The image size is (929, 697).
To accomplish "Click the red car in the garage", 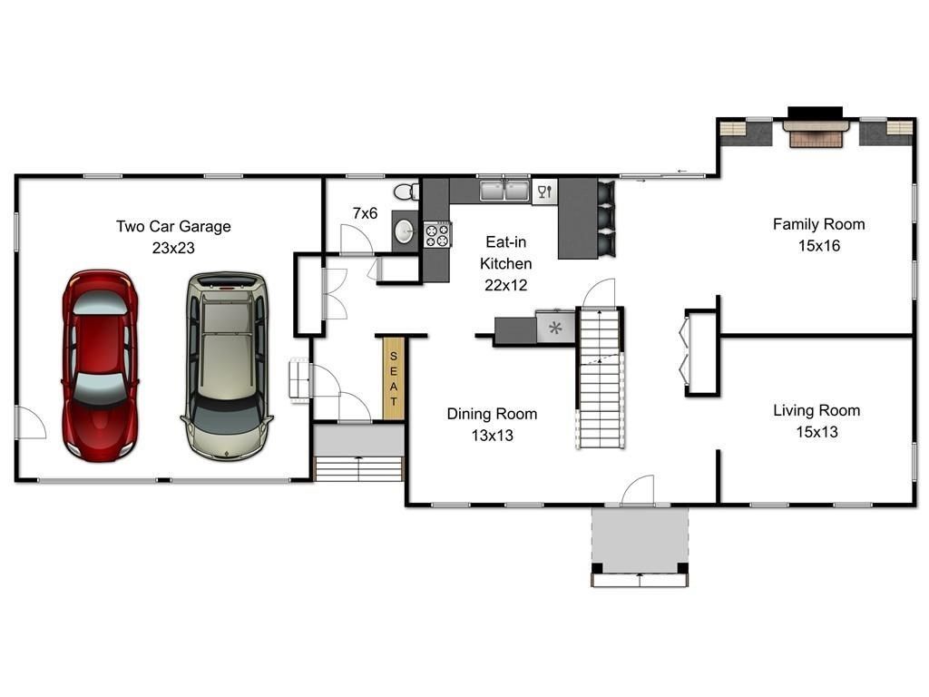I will (x=99, y=363).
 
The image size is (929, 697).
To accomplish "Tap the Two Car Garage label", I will (x=173, y=226).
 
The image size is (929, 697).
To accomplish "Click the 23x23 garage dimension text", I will (x=173, y=247).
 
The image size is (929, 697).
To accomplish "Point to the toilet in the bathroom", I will (x=408, y=191).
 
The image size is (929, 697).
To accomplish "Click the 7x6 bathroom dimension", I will (x=365, y=213).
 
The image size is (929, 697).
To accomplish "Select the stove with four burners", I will (x=436, y=235).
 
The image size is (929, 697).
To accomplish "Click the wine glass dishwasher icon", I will (x=544, y=191).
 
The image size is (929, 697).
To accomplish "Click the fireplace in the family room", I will (x=815, y=133).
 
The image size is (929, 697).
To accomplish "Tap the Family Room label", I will (x=818, y=224).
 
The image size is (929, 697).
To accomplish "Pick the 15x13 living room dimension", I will (x=817, y=432).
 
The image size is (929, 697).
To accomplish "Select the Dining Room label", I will (x=492, y=414).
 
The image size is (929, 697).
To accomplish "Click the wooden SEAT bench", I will (x=394, y=378).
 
